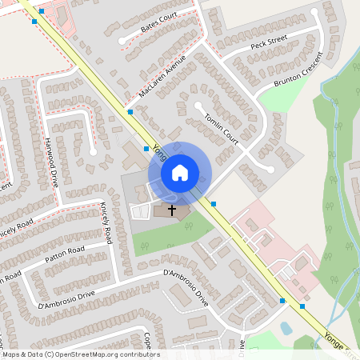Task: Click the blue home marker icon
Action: click(180, 172)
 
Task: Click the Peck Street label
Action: click(268, 45)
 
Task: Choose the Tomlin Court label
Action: click(222, 124)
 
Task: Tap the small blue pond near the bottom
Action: click(286, 328)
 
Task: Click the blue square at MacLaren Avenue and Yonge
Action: click(130, 112)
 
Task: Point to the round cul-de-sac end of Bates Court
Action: click(122, 40)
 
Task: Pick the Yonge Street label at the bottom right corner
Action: click(336, 344)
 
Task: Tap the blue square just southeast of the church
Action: click(214, 203)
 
